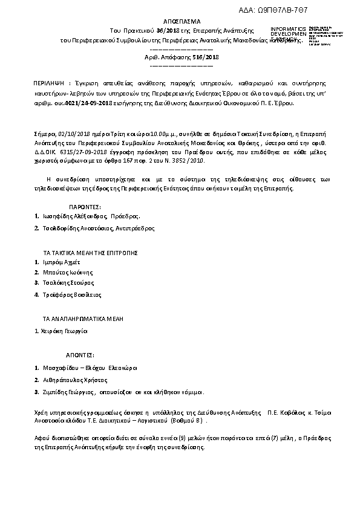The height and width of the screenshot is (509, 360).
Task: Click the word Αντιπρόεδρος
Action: (x=136, y=229)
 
